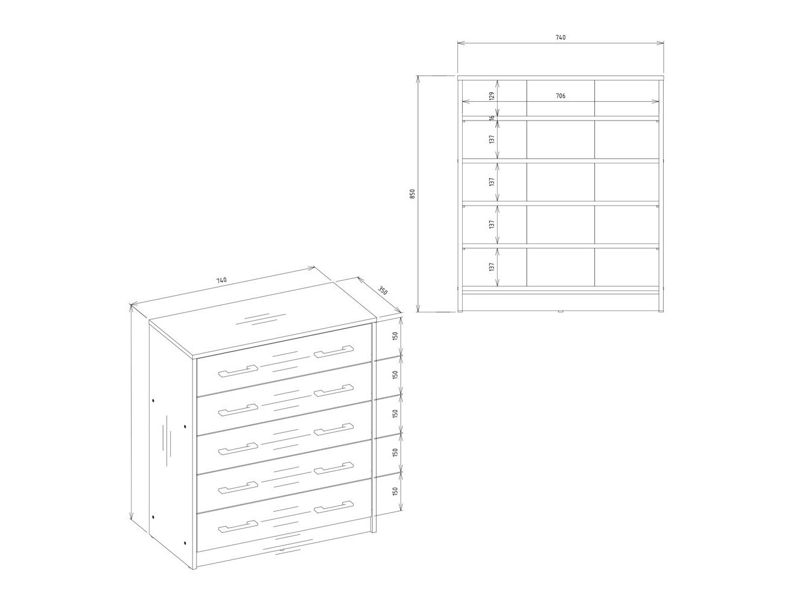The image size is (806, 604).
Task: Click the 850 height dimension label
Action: coord(413,193)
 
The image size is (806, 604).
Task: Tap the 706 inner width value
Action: coord(560,96)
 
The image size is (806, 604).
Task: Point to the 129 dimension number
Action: coord(492,96)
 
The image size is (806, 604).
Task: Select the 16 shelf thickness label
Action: coord(492,118)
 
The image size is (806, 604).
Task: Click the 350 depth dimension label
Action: coord(382,291)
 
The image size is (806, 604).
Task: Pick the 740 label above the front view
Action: coord(560,37)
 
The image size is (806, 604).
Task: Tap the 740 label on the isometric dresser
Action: coord(221,280)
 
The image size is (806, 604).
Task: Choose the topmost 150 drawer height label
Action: coord(395,336)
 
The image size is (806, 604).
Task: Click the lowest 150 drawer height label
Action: coord(395,491)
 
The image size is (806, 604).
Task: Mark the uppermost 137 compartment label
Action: coord(492,139)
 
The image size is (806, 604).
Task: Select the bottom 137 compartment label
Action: coord(492,266)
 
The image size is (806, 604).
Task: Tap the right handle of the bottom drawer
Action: coord(334,506)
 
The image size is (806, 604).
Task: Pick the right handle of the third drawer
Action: coord(334,429)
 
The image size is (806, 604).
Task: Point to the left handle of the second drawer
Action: coord(238,411)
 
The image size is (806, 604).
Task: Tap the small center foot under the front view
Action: coord(560,312)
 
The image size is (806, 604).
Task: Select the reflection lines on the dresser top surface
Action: coord(261,319)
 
